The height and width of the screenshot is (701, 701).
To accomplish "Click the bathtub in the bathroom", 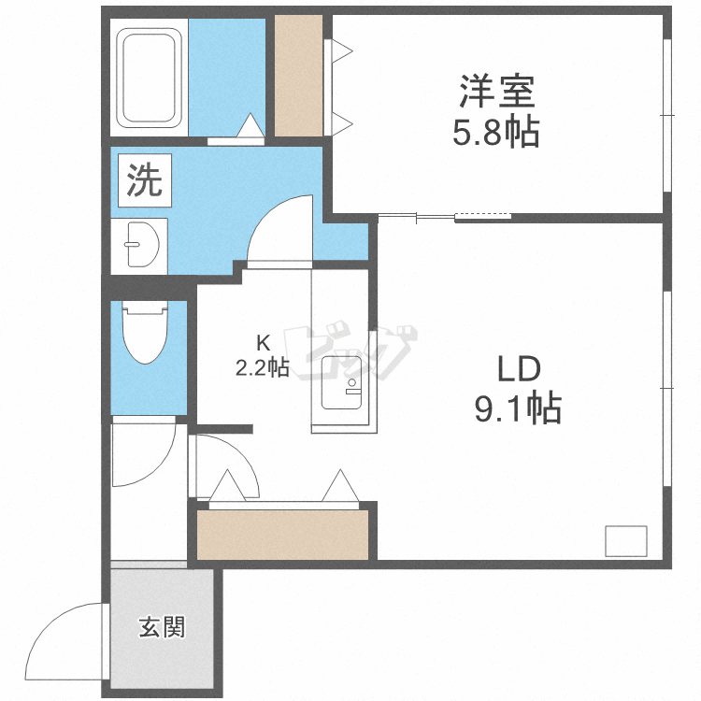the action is tap(150, 78).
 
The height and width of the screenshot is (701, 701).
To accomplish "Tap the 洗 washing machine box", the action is tap(145, 180).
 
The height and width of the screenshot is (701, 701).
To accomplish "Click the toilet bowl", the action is tap(144, 331).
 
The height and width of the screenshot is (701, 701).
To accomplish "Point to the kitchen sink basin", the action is tap(341, 382).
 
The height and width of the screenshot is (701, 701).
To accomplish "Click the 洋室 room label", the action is tap(497, 93).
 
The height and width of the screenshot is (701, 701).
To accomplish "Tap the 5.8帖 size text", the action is tap(496, 133).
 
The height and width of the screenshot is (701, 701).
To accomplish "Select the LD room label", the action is tap(519, 369).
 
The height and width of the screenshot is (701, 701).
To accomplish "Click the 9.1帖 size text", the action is tap(518, 408).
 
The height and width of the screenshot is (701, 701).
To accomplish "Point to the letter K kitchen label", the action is tap(264, 343).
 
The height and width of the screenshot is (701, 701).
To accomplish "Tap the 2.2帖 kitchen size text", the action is tap(262, 368).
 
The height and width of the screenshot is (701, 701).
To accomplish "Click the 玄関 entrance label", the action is tap(162, 627).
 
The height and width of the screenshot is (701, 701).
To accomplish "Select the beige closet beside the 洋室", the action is tap(299, 76).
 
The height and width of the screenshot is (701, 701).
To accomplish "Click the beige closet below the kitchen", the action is tap(282, 535).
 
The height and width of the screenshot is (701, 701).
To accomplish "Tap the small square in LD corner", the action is tap(626, 541).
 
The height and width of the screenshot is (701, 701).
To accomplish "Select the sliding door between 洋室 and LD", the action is tap(445, 217).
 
